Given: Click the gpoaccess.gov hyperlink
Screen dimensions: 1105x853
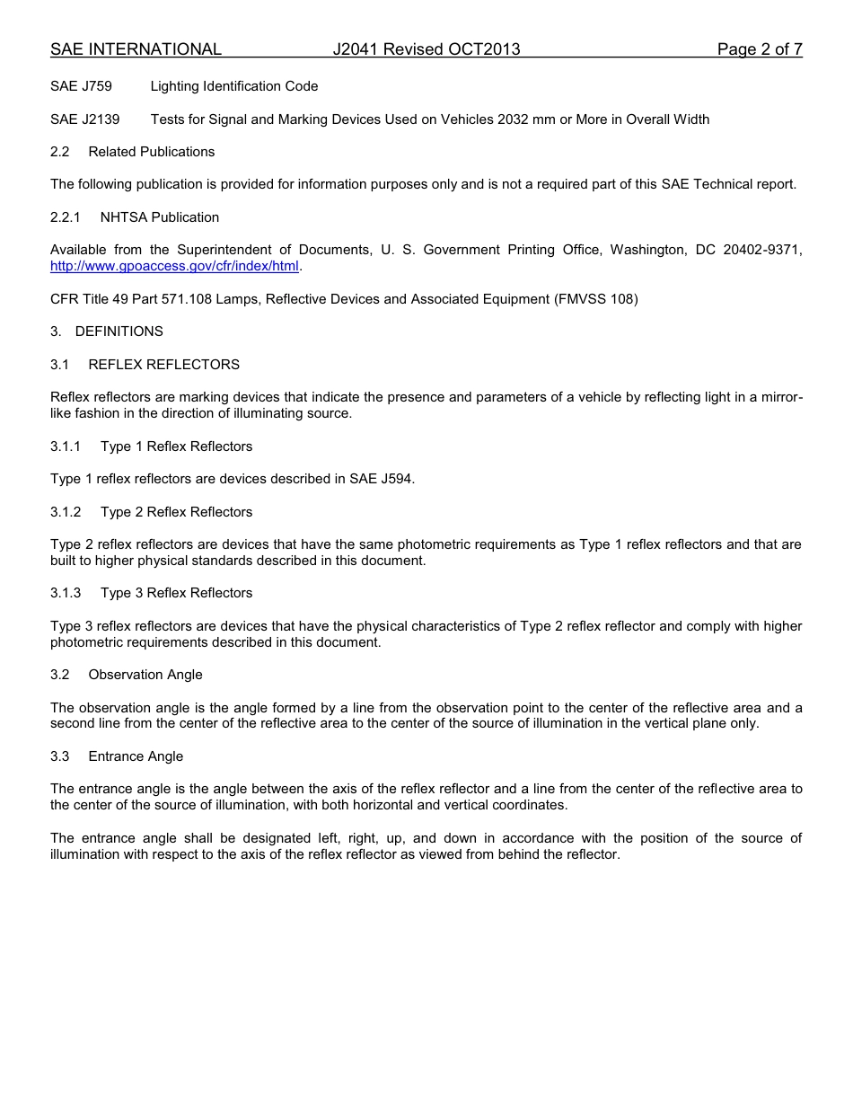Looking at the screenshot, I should [174, 266].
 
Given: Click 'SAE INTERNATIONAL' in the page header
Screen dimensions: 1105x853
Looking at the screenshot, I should [136, 49].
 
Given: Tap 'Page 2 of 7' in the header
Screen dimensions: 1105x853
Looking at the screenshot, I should [759, 49].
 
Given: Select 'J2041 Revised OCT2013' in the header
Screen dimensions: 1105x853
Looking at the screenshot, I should [426, 49].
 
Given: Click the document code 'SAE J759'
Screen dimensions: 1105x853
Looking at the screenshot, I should [81, 86].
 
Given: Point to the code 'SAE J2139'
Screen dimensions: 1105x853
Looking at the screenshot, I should [84, 119].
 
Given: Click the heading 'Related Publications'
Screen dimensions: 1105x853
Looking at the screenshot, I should [151, 152].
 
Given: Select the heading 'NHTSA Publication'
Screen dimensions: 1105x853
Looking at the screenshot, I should [160, 217].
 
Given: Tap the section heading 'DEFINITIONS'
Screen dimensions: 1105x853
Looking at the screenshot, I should [119, 331].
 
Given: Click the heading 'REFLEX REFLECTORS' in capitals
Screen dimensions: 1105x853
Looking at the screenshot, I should [163, 364].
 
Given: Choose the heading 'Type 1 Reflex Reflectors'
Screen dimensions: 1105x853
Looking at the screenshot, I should [176, 446].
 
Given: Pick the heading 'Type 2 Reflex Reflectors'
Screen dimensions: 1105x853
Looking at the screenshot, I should [176, 512].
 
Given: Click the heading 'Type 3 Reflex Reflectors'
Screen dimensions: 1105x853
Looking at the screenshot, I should [176, 593].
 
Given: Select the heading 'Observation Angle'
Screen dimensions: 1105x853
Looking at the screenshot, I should [145, 675].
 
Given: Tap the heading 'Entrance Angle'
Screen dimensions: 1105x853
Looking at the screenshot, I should [136, 756].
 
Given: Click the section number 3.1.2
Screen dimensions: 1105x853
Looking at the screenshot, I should [66, 512].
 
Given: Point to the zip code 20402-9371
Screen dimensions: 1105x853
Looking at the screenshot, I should [766, 250].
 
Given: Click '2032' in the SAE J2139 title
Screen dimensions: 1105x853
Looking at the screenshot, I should [514, 119].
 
